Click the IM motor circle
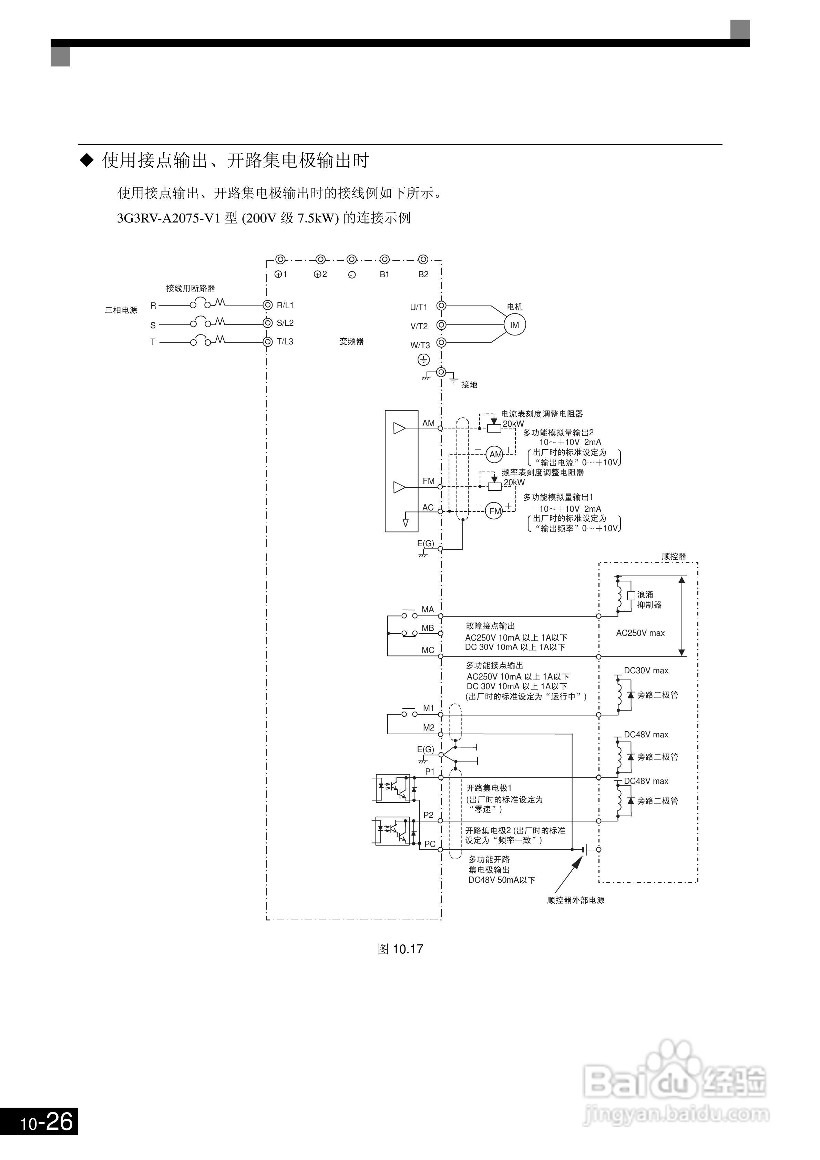point(515,325)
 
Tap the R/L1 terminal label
point(285,305)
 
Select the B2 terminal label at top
point(423,275)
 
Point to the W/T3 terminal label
point(420,345)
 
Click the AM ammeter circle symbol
point(495,454)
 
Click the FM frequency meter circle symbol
point(495,511)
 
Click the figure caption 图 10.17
point(400,949)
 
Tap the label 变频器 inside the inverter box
point(351,342)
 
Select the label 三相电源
point(121,310)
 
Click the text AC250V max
point(640,633)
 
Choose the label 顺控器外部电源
point(575,900)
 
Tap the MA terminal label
point(428,609)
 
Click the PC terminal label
point(430,844)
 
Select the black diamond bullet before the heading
point(88,160)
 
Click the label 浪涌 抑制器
point(649,600)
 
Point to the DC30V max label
point(646,671)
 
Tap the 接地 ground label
point(469,384)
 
